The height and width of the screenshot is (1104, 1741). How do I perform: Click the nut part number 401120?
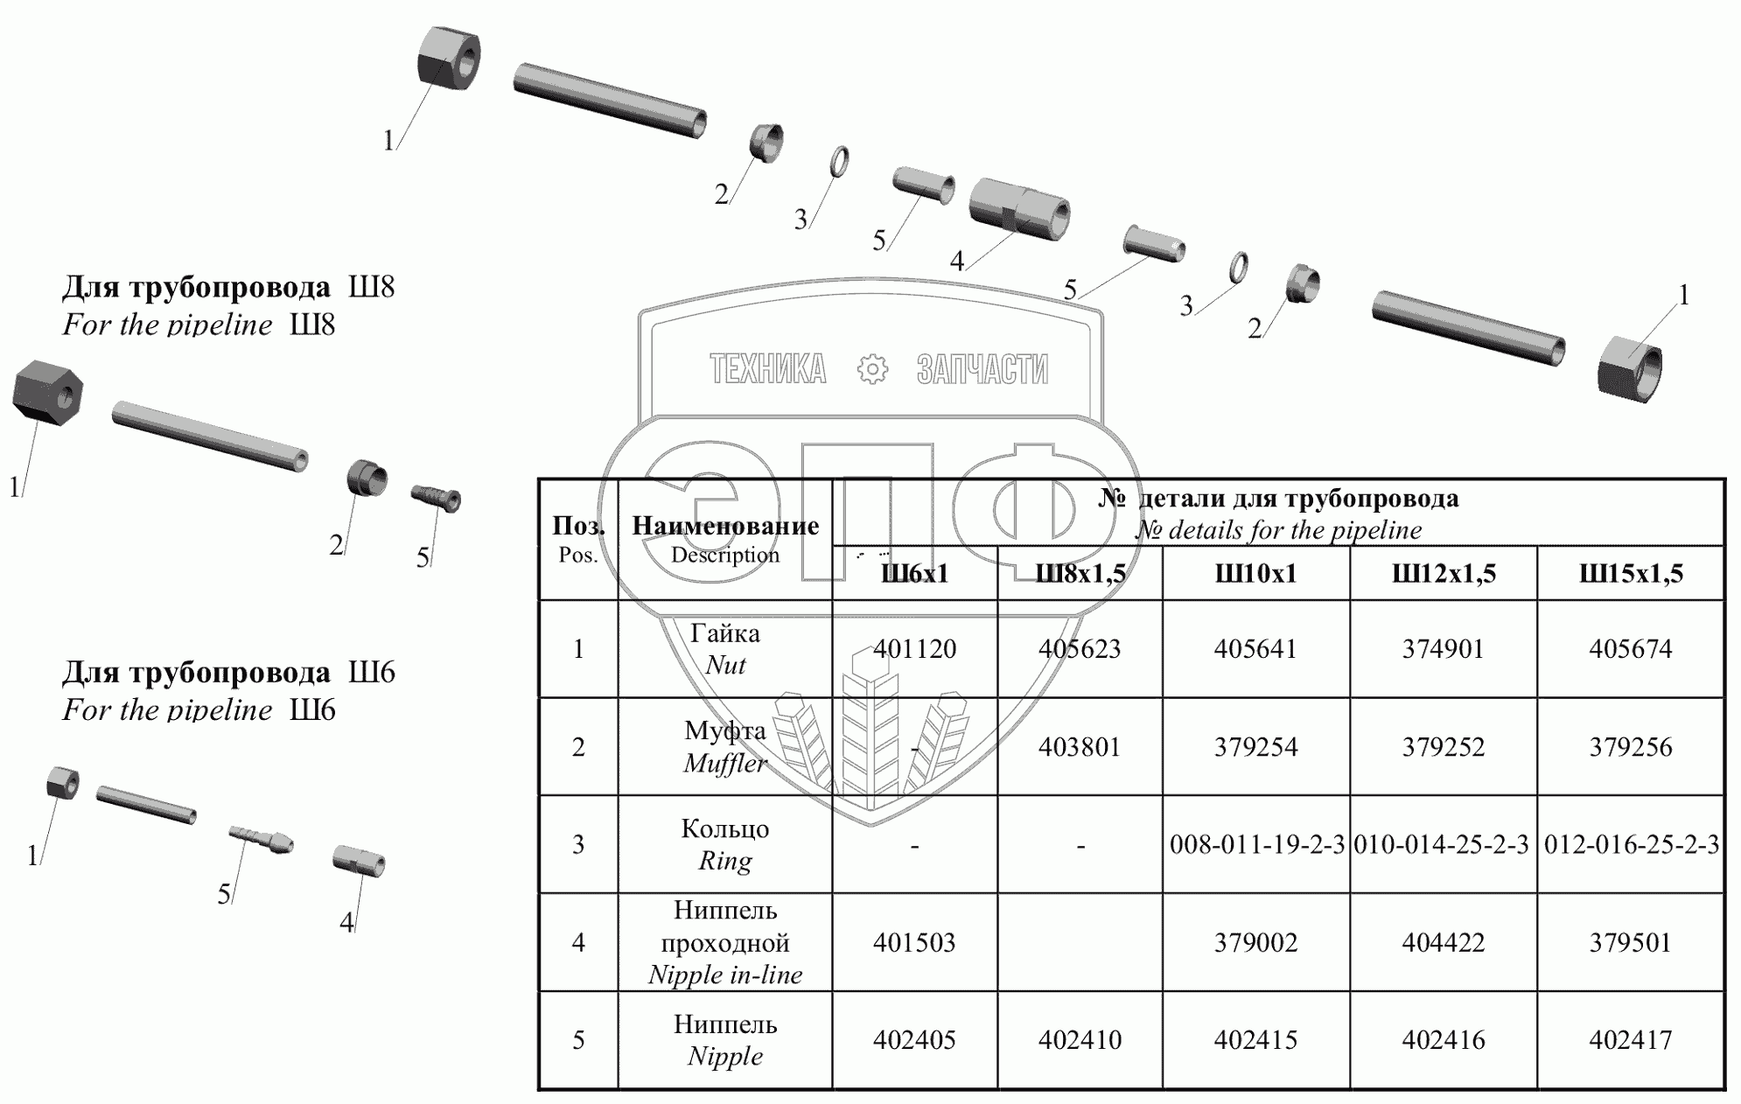[914, 649]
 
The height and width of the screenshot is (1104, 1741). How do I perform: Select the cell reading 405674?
[1630, 649]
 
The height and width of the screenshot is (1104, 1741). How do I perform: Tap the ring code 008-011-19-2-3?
[1256, 845]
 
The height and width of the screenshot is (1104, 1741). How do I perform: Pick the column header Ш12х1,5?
[1444, 574]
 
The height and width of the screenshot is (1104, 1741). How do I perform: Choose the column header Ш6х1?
[914, 574]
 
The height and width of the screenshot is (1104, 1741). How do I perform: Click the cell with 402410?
[1080, 1040]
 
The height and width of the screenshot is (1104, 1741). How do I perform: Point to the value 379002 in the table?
[1255, 942]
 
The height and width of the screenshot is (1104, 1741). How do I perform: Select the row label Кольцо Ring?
[724, 845]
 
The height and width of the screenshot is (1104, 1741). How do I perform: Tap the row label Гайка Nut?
[724, 649]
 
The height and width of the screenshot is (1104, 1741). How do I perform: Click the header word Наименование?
[725, 526]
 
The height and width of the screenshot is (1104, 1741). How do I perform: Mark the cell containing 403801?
[1080, 747]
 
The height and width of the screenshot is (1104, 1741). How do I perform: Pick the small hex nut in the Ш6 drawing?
[62, 783]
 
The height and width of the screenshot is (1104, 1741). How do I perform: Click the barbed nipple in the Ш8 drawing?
[436, 499]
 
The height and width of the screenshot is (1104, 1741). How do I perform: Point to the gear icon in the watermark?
[872, 369]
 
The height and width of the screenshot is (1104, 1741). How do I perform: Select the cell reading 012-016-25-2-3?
[1631, 845]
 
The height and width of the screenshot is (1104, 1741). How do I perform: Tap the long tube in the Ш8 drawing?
[210, 437]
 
